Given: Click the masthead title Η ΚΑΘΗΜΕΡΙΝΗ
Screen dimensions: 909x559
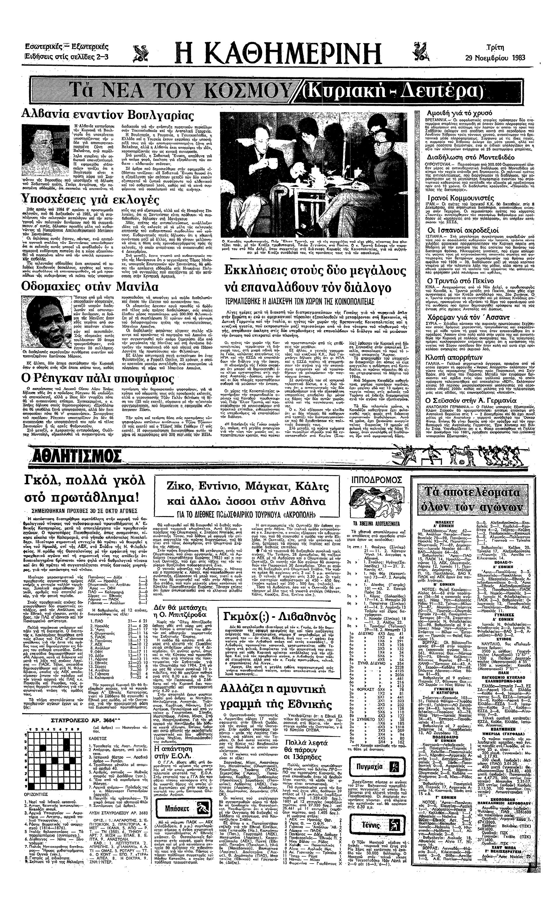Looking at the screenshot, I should [x=279, y=53].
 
